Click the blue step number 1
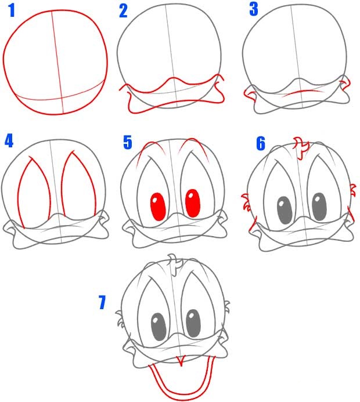coord(12,11)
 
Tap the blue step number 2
coord(123,11)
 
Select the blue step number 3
coord(254,9)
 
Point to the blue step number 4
coord(9,141)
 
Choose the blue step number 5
coord(128,143)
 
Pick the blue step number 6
coord(261,144)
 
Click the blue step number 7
coord(102,303)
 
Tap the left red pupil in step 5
coord(158,207)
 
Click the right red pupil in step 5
coord(193,203)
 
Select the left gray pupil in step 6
coord(285,210)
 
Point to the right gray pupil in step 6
coord(319,207)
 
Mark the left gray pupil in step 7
coord(159,327)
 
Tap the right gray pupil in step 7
coord(193,324)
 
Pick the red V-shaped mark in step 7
coord(181,361)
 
